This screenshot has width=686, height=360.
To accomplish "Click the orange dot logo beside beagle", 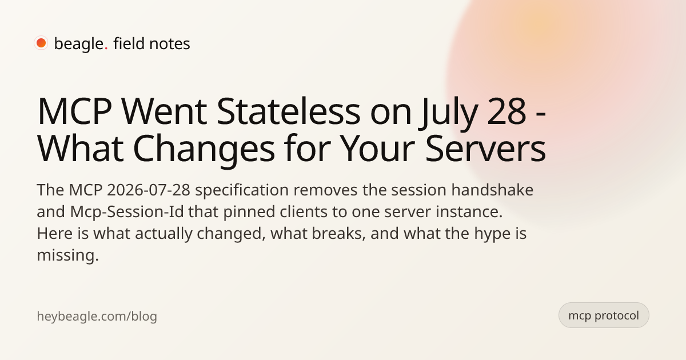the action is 41,43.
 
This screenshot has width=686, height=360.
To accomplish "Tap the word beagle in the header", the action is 79,44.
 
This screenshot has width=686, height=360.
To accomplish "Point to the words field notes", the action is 151,43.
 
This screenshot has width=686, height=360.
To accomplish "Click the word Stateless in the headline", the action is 288,111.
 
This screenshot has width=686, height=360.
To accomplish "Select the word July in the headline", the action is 448,114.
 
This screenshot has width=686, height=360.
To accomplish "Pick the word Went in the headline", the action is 164,112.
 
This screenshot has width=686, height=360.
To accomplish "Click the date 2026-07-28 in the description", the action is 149,190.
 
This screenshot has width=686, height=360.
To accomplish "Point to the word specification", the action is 242,190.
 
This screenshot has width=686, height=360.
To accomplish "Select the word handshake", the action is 492,190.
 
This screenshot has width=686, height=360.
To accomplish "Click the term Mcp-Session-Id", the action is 127,211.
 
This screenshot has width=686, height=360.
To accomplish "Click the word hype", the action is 491,234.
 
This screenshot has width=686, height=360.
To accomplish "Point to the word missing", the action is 67,255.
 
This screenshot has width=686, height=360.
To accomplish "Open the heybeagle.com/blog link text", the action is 97,316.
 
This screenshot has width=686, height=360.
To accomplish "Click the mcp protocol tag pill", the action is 604,315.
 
